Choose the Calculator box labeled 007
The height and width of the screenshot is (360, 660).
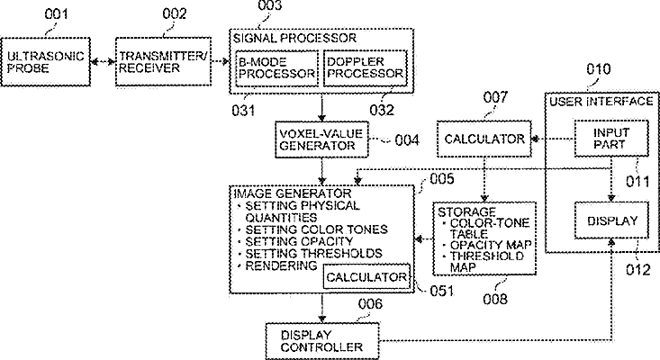484,139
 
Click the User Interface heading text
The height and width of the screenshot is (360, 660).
601,102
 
